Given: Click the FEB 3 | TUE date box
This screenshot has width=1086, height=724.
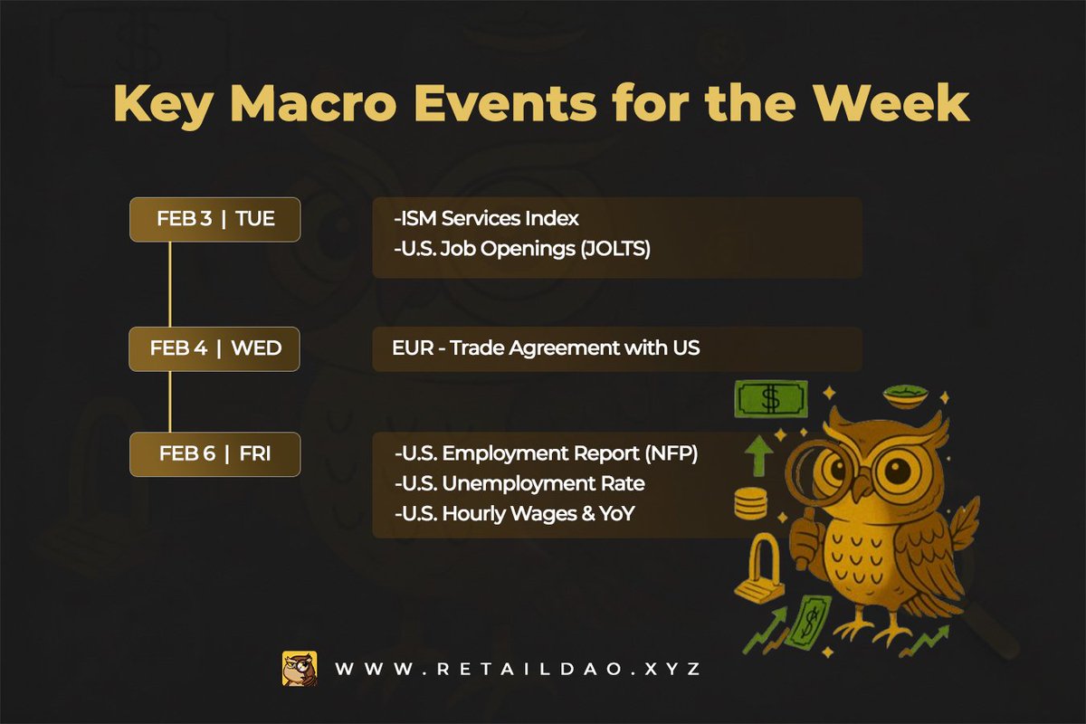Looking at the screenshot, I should (214, 220).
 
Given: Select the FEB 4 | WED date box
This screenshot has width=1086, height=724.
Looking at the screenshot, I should (214, 349).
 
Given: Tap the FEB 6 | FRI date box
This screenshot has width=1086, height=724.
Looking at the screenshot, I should (214, 454).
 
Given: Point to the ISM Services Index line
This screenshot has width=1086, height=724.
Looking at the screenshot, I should (486, 219).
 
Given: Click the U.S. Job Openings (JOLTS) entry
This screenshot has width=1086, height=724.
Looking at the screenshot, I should (522, 250).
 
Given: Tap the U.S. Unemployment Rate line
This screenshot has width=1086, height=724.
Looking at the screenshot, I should (519, 484).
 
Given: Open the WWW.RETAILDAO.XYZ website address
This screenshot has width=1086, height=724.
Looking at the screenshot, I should (518, 670).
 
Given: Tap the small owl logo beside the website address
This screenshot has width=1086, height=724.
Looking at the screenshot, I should (299, 669).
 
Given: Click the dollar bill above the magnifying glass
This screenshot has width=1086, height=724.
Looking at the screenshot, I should (770, 397).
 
